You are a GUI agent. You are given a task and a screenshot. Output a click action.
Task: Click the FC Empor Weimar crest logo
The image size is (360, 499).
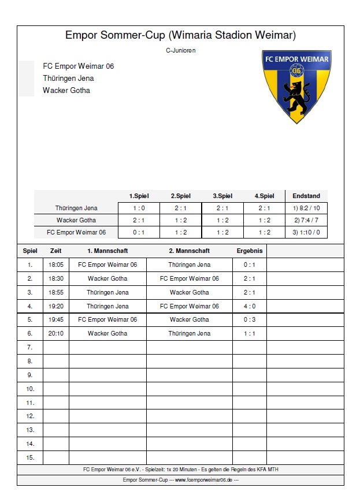pos(296,85)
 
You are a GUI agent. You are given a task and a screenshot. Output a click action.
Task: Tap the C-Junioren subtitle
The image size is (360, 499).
pos(180,50)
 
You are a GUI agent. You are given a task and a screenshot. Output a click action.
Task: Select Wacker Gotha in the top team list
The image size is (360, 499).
pos(66,90)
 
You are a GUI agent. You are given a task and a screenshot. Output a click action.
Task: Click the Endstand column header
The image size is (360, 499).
pos(306,196)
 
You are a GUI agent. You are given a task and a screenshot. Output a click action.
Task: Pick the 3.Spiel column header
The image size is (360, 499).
pos(222,196)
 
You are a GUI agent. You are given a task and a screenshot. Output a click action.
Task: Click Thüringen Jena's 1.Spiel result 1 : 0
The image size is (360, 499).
pos(139,208)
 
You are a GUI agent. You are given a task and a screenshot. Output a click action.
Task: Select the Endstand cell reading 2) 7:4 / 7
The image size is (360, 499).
pos(306,220)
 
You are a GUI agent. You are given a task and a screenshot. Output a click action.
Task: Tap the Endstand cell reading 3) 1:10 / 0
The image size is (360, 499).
pos(306,232)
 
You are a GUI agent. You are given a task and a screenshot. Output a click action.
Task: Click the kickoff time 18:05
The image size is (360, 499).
pos(56,265)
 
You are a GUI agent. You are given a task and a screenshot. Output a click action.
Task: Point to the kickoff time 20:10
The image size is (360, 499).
pos(56,333)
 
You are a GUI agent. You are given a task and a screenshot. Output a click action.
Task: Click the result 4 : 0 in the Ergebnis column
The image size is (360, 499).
pos(250,306)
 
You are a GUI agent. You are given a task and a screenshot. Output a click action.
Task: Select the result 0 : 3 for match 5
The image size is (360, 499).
pos(250,319)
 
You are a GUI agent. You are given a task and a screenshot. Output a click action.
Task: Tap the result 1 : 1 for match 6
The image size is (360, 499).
pos(250,333)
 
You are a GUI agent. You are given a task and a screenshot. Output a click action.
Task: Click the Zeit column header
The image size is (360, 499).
pos(56,251)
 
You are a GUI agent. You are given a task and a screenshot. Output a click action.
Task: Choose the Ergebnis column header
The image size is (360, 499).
pos(250,251)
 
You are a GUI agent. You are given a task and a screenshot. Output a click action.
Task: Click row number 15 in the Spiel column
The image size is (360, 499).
pos(30,457)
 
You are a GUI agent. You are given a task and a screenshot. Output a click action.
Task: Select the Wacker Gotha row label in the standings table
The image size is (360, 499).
pos(76,220)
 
